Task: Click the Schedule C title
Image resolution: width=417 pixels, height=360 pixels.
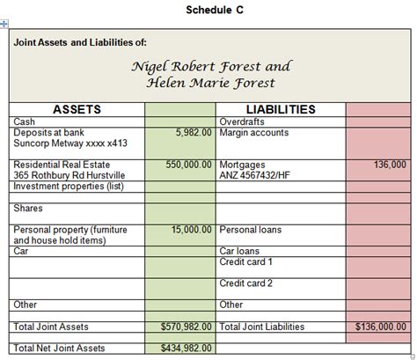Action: click(x=209, y=10)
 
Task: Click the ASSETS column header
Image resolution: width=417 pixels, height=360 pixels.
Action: click(x=77, y=109)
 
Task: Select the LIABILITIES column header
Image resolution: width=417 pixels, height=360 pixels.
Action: click(x=280, y=109)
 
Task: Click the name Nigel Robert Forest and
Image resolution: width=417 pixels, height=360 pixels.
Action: click(x=210, y=66)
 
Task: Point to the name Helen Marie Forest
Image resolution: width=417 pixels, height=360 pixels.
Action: click(x=210, y=83)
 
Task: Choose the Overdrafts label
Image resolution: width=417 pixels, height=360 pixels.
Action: click(x=243, y=121)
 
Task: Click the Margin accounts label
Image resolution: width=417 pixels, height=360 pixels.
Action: click(x=253, y=133)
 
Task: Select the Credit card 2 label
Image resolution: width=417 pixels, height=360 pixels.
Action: click(x=245, y=283)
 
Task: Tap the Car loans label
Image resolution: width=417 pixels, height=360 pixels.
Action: click(x=239, y=251)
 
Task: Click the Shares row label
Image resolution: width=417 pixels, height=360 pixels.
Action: click(x=30, y=209)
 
